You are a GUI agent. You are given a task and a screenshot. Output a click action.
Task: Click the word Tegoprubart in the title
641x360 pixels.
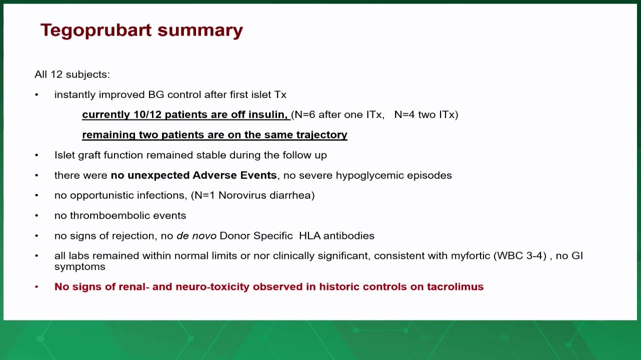pos(96,30)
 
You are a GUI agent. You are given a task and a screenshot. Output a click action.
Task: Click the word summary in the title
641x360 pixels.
pos(200,30)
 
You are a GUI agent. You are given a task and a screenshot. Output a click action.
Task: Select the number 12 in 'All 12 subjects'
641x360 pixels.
pos(56,74)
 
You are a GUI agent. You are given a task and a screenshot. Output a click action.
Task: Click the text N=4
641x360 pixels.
pos(404,114)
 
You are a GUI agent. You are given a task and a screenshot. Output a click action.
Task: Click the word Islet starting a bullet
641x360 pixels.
pos(64,155)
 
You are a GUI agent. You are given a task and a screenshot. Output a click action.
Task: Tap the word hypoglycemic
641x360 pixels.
pos(369,175)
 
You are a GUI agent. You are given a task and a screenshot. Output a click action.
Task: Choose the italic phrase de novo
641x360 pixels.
pos(196,236)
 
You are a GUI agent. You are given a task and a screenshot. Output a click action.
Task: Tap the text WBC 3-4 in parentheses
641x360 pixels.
pos(520,256)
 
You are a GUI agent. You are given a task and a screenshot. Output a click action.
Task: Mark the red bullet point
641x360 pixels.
pos(36,286)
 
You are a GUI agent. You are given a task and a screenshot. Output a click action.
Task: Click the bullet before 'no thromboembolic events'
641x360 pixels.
pos(36,215)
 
